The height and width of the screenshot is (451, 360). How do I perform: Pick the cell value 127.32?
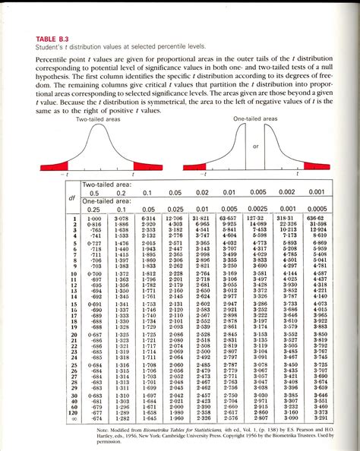[260, 219]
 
